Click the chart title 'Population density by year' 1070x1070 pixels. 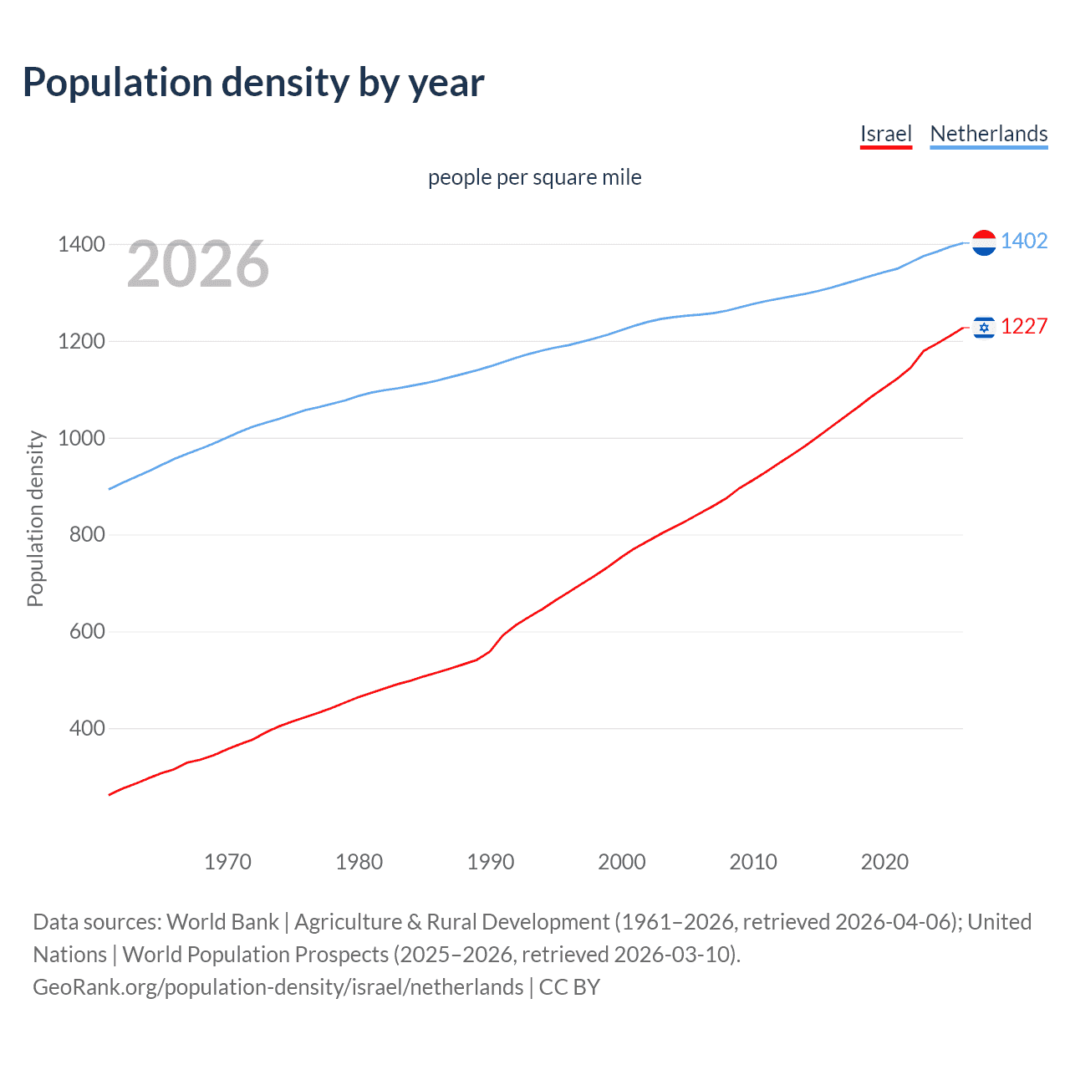253,83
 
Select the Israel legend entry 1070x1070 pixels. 885,134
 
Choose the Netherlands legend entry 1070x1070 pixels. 988,134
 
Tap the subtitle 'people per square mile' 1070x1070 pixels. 534,177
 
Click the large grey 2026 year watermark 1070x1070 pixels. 198,264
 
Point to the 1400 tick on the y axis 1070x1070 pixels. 81,245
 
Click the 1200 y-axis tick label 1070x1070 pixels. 81,342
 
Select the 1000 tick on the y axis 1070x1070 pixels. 81,438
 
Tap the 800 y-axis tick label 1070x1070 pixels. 87,535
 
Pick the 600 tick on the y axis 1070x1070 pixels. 87,632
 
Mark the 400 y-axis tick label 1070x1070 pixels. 87,729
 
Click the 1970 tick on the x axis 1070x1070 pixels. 227,862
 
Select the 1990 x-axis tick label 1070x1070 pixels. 491,862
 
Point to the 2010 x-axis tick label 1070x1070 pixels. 753,862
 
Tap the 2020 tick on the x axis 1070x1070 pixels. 884,862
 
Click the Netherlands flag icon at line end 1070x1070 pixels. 984,242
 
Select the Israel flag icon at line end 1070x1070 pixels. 984,328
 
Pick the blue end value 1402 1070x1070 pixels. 1024,242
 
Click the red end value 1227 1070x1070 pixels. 1024,327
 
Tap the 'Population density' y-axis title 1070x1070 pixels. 35,518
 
